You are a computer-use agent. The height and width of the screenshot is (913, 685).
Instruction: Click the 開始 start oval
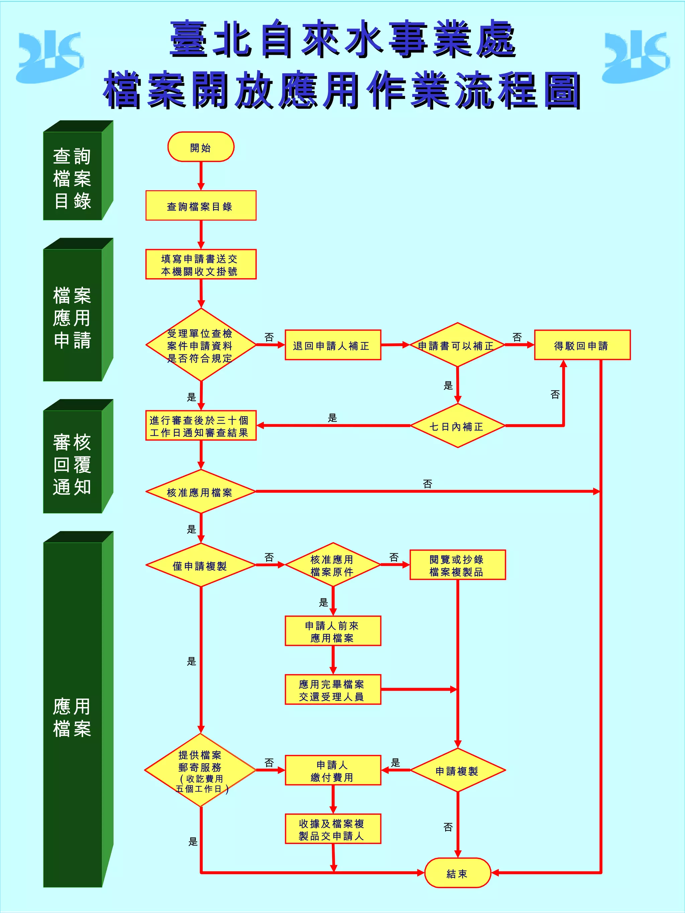[201, 147]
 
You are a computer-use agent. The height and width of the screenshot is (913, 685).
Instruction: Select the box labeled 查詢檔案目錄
[201, 206]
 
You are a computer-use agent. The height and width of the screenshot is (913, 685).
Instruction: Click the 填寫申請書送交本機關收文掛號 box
[201, 264]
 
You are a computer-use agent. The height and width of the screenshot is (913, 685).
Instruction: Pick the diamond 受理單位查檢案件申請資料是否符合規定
[201, 345]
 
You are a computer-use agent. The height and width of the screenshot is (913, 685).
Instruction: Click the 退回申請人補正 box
[333, 345]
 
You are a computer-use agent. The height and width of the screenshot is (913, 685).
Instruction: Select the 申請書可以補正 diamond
[457, 345]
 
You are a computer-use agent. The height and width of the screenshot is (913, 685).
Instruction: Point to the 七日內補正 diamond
[457, 426]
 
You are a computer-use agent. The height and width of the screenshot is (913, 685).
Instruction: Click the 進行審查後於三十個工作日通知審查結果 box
[201, 426]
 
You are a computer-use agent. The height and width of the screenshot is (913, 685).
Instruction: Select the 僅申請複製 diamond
[201, 565]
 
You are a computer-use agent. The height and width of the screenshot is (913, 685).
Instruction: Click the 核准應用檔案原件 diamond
[333, 565]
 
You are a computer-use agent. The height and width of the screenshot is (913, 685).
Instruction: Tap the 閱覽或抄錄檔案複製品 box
[457, 565]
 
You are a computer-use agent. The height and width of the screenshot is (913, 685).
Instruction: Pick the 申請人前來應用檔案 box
[333, 631]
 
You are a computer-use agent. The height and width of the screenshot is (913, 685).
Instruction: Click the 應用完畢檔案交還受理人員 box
[333, 690]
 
